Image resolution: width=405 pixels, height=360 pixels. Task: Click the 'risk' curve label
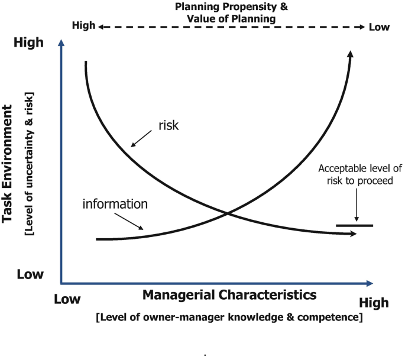[x=169, y=125]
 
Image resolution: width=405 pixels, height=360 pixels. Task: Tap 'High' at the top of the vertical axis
[x=29, y=43]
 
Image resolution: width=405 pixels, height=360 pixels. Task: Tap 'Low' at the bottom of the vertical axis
[x=30, y=274]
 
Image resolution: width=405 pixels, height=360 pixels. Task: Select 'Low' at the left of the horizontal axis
[x=67, y=299]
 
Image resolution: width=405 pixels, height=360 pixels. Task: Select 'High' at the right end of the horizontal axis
[x=374, y=303]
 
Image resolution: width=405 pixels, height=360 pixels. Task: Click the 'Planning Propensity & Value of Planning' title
[x=231, y=12]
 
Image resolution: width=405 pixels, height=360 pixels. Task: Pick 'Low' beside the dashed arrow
[x=380, y=27]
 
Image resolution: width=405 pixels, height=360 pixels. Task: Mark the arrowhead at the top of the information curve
[x=351, y=54]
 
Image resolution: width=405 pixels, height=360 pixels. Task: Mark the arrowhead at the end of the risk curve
[x=353, y=235]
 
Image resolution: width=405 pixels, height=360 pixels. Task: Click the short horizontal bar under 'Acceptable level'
[x=354, y=226]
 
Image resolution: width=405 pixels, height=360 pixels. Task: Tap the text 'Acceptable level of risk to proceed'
[x=355, y=174]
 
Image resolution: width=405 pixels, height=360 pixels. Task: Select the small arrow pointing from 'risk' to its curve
[x=142, y=139]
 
